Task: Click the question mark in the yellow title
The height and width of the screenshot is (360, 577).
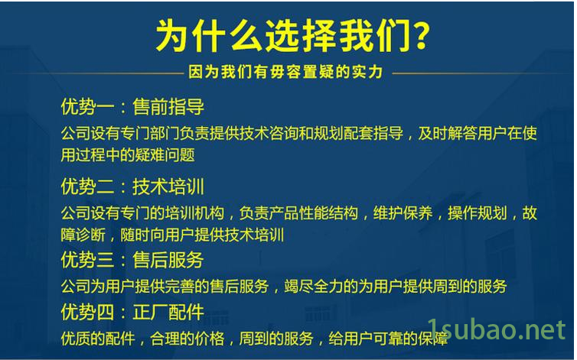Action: [x=418, y=35]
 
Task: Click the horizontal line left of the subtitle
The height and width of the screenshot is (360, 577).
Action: [x=92, y=73]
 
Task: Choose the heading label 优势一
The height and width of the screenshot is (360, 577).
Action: [x=87, y=107]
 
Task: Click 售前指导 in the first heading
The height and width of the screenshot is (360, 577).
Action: [x=168, y=107]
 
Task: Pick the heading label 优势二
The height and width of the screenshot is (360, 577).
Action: [x=87, y=186]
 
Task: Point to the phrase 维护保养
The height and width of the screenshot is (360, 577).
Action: [x=403, y=213]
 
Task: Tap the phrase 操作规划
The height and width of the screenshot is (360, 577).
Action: [x=478, y=213]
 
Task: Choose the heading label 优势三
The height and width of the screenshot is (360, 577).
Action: [x=87, y=260]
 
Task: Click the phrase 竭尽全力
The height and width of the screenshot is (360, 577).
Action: [x=314, y=286]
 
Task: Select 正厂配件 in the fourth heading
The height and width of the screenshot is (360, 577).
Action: [x=168, y=312]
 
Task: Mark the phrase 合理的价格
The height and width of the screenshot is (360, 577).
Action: [x=187, y=339]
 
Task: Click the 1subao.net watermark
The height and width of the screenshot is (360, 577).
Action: [x=497, y=329]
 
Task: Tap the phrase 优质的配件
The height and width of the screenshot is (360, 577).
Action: [x=98, y=339]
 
